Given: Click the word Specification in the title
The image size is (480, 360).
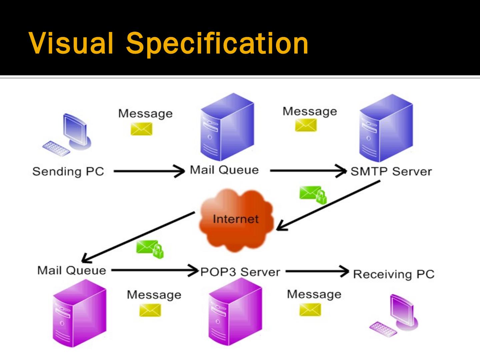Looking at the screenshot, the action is [x=217, y=43].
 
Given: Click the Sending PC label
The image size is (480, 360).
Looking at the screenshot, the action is [x=68, y=171].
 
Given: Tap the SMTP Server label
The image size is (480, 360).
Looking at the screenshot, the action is [x=391, y=171].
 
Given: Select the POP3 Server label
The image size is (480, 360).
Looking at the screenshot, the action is [x=240, y=272].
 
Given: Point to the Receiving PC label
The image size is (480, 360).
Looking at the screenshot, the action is [x=394, y=274].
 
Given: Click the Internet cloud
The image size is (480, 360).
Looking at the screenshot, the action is [x=236, y=220].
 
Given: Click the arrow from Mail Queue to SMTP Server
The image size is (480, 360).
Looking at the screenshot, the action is [x=308, y=171].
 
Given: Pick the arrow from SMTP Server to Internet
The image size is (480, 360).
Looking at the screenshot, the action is [x=328, y=205].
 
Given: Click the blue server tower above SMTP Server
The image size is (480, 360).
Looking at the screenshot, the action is [x=386, y=128].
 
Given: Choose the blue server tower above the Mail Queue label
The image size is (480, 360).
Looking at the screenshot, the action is [x=227, y=127].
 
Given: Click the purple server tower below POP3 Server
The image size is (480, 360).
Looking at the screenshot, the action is [x=235, y=312].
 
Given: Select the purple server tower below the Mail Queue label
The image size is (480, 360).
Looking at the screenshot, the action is [x=80, y=313].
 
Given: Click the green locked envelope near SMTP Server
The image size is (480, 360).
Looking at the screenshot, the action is [x=313, y=195].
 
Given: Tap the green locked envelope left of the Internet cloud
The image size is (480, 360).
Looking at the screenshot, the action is [x=150, y=249].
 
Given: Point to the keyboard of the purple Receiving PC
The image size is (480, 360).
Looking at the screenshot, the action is [x=383, y=329].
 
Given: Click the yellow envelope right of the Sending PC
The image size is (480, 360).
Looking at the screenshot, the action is [x=141, y=129].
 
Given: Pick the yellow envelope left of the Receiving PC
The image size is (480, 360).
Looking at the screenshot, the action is [x=310, y=310].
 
